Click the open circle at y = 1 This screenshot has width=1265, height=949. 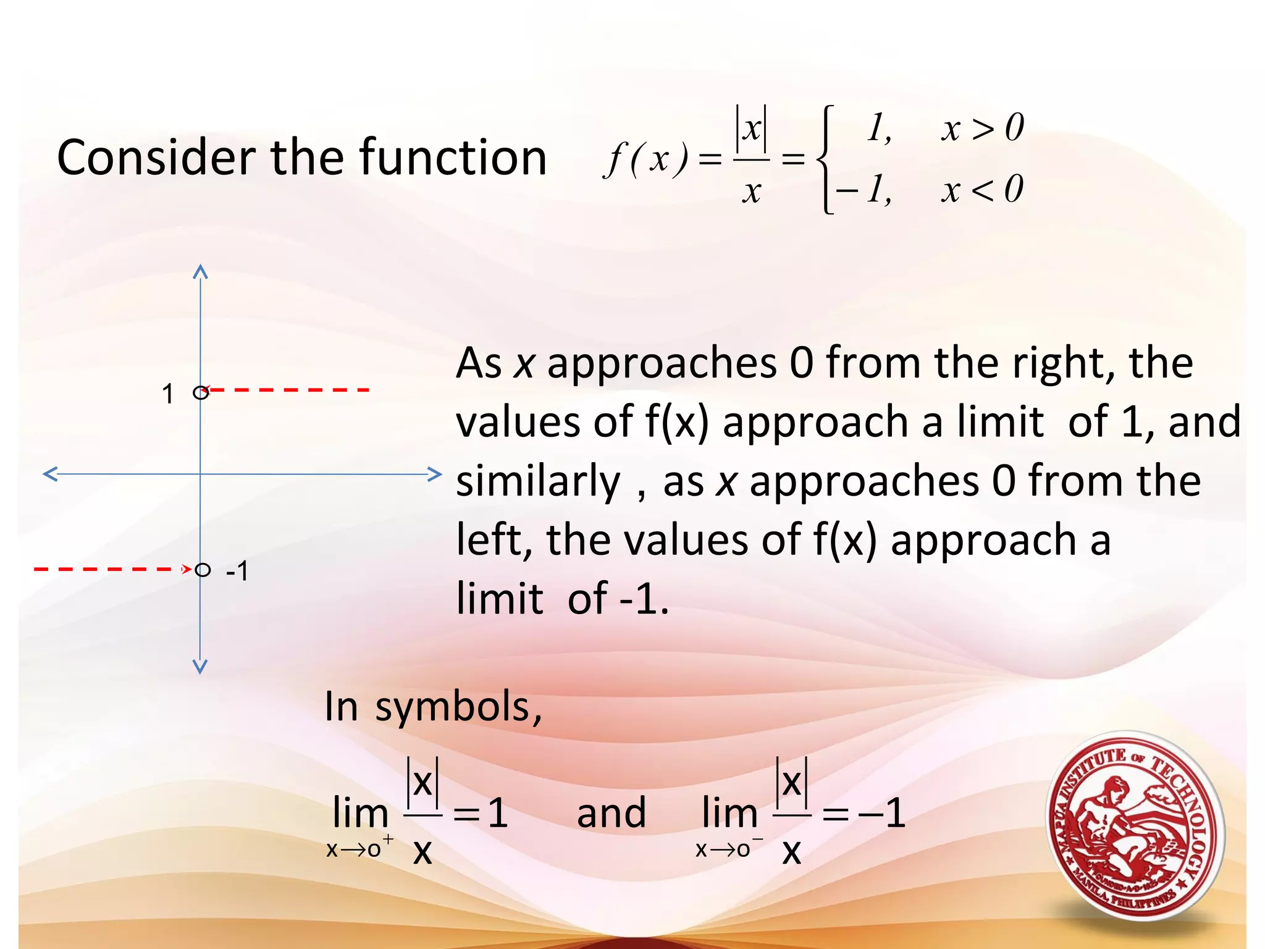click(x=200, y=392)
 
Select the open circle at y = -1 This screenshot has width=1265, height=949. click(x=203, y=570)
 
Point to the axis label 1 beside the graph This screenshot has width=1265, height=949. click(x=167, y=394)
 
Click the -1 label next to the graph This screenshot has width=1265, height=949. click(x=237, y=571)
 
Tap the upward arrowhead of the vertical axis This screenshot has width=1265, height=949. click(x=200, y=271)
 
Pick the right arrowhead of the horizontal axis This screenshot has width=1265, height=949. click(x=435, y=474)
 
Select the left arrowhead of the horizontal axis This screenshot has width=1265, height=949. click(x=49, y=474)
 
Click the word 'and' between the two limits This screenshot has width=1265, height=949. click(x=611, y=813)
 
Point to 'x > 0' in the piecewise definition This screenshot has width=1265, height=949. click(x=982, y=129)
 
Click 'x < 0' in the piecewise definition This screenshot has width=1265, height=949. click(x=982, y=189)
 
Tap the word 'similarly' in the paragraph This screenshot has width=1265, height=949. click(x=537, y=482)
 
